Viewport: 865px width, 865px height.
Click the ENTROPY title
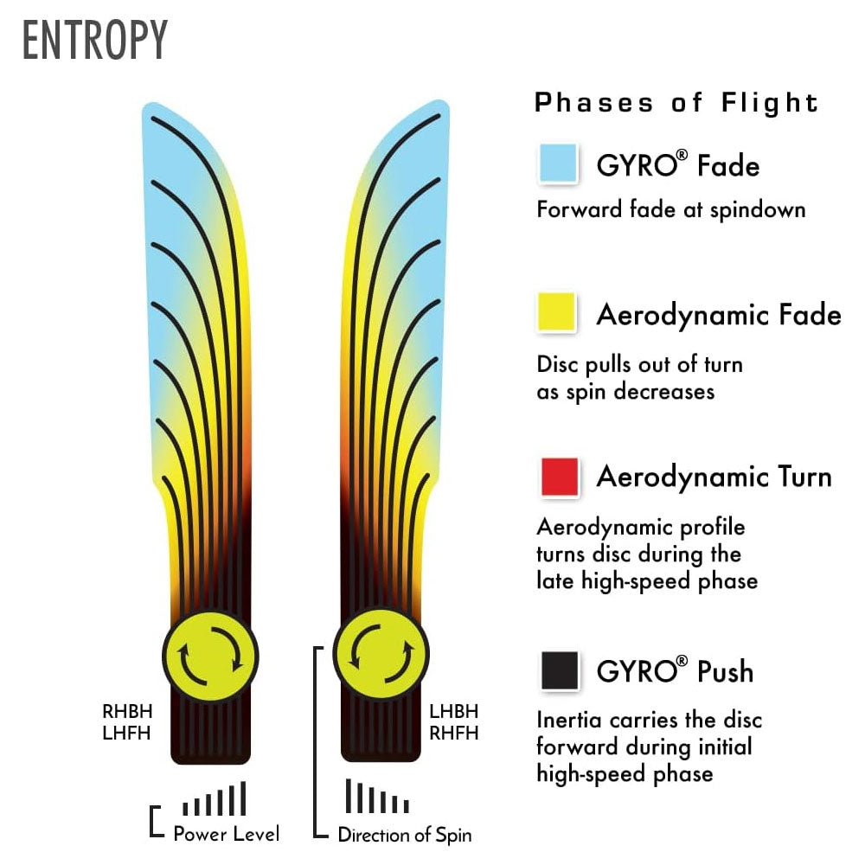94,41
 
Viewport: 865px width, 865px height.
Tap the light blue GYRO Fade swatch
557,163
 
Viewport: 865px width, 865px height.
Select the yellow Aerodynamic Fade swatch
557,312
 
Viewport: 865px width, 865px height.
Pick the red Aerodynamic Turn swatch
559,477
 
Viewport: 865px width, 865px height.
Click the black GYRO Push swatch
559,670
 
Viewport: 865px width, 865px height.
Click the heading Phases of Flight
676,103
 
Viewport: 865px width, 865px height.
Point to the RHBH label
127,713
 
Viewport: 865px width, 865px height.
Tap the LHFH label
127,733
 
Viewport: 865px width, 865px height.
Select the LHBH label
453,713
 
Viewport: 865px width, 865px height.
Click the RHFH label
453,733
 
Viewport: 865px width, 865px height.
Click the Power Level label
226,834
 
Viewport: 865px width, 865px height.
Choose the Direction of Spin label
404,835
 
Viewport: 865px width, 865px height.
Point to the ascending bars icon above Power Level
215,799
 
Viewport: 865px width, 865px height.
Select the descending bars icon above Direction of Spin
376,798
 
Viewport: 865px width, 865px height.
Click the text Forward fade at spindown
670,210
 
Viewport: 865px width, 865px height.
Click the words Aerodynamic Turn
714,477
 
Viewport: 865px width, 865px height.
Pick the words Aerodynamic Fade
718,315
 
